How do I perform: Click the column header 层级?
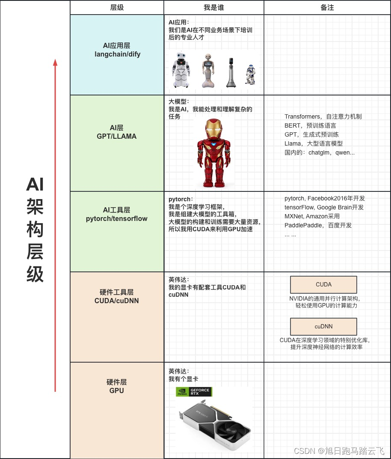click(117, 8)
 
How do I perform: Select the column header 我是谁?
click(213, 8)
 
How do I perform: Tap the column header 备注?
click(327, 8)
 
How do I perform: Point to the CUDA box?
click(323, 285)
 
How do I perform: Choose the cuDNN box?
click(323, 327)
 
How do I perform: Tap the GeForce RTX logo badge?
click(194, 392)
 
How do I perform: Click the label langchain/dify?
click(117, 54)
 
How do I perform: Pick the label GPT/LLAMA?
click(117, 137)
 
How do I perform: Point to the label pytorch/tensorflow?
click(117, 219)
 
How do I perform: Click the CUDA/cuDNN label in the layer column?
click(117, 301)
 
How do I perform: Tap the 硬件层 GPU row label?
click(117, 386)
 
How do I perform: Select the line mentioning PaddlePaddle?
click(318, 225)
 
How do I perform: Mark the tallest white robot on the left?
click(181, 70)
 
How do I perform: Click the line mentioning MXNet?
click(312, 216)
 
